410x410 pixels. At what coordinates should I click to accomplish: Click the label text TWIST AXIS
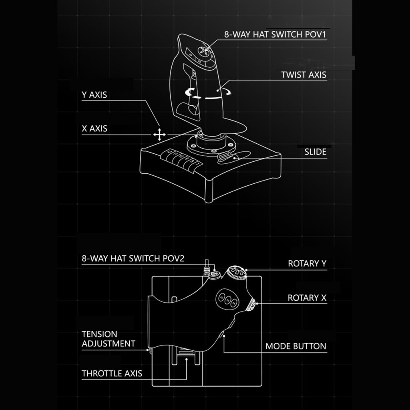(303, 74)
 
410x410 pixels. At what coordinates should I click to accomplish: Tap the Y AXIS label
(94, 95)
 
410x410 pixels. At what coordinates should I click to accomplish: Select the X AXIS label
(94, 129)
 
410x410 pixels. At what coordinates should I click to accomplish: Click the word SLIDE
(315, 152)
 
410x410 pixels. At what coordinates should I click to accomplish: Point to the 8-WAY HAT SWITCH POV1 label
(275, 35)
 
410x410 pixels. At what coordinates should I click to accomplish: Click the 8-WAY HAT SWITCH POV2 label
(133, 259)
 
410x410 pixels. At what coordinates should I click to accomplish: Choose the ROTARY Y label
(307, 263)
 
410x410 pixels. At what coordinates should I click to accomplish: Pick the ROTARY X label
(307, 298)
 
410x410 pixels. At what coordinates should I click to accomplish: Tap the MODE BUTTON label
(296, 346)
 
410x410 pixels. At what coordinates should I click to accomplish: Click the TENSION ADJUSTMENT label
(108, 339)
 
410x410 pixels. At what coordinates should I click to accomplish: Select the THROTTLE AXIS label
(112, 374)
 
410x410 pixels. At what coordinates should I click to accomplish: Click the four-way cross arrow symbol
(159, 135)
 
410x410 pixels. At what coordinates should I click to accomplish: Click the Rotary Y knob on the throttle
(236, 273)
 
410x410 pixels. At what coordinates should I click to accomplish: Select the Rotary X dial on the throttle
(251, 305)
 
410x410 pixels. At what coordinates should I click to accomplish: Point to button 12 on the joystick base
(171, 153)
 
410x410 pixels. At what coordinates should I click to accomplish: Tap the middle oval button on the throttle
(228, 300)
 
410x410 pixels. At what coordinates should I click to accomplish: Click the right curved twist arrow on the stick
(227, 92)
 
